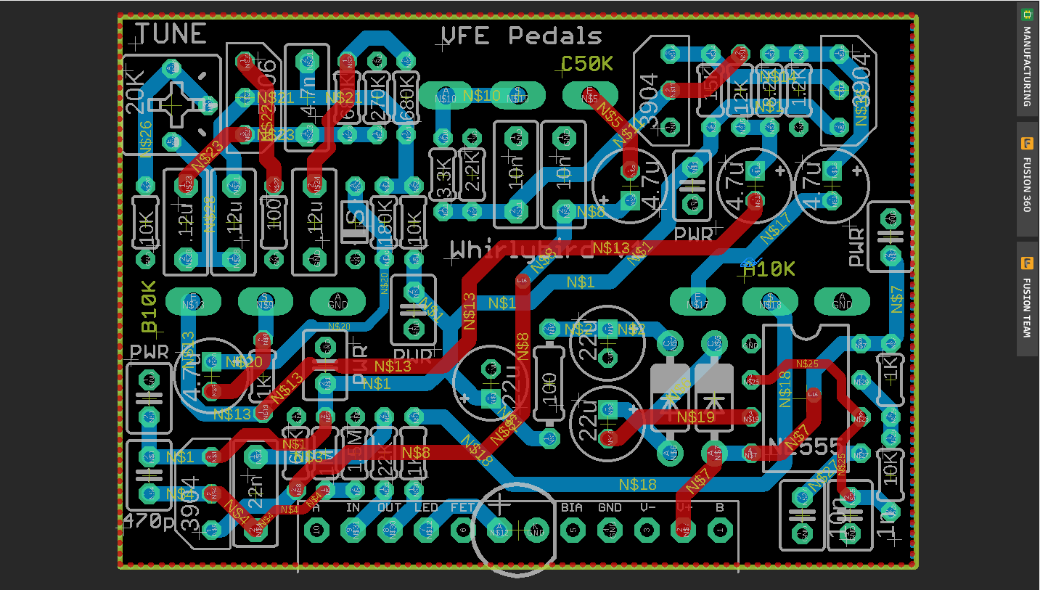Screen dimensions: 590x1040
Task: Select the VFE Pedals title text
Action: pyautogui.click(x=522, y=36)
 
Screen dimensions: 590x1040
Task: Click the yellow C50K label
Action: pyautogui.click(x=587, y=64)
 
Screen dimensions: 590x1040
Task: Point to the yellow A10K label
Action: pyautogui.click(x=769, y=269)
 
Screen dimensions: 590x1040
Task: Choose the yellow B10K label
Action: pyautogui.click(x=150, y=306)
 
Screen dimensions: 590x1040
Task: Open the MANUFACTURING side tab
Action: pyautogui.click(x=1026, y=58)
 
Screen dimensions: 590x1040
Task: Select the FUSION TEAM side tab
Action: pyautogui.click(x=1026, y=298)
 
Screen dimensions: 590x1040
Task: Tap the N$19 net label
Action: pyautogui.click(x=695, y=417)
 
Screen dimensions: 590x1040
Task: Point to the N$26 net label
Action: pyautogui.click(x=145, y=138)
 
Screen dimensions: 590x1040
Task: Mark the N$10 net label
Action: pyautogui.click(x=481, y=96)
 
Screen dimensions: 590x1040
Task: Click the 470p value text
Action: pyautogui.click(x=148, y=521)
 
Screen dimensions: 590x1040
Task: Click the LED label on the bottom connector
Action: pyautogui.click(x=426, y=508)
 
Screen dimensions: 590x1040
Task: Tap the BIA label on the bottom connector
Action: pyautogui.click(x=572, y=508)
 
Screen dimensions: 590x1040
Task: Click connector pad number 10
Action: pyautogui.click(x=316, y=530)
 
